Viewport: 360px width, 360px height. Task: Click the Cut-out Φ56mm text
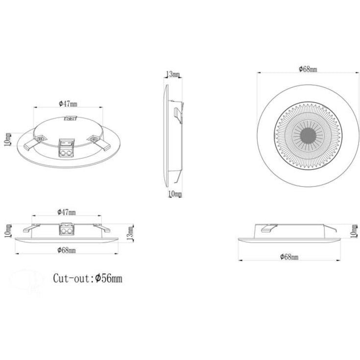tap(88, 278)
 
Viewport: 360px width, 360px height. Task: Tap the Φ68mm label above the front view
tap(308, 69)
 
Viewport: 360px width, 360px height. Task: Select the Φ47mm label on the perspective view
tap(68, 104)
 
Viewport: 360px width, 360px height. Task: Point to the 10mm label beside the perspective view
tap(7, 140)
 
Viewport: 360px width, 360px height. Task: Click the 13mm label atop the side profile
tap(173, 74)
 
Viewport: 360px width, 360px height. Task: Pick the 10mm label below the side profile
tap(175, 194)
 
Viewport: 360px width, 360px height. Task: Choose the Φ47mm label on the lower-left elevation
tap(66, 212)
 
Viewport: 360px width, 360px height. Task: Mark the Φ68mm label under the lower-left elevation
tap(66, 250)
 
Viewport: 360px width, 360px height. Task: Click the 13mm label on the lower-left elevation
tap(130, 234)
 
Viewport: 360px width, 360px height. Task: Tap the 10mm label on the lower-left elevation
tap(7, 231)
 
